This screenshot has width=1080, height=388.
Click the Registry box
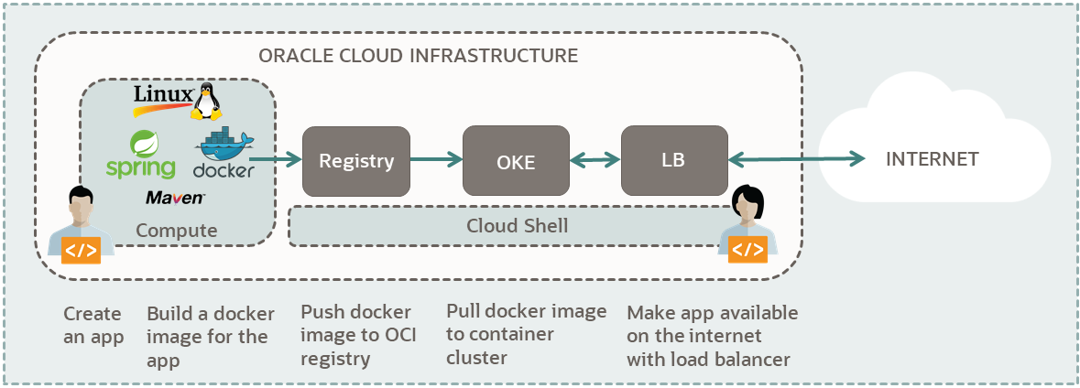click(x=356, y=161)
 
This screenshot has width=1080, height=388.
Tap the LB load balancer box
click(x=674, y=160)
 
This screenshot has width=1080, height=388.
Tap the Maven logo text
click(x=175, y=198)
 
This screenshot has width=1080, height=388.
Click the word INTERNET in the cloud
click(x=932, y=159)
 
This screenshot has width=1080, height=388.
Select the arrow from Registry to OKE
click(x=436, y=160)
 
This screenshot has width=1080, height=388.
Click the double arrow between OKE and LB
click(x=595, y=160)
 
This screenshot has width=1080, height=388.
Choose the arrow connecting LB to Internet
click(x=797, y=160)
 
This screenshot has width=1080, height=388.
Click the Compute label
click(x=177, y=231)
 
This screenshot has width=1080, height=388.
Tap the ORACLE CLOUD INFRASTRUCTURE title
click(x=419, y=56)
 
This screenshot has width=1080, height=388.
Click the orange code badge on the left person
click(x=81, y=250)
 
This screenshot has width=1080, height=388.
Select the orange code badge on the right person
click(x=747, y=249)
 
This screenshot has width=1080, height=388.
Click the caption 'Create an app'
click(x=93, y=325)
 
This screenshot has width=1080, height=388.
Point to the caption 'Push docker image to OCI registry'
click(x=358, y=336)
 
